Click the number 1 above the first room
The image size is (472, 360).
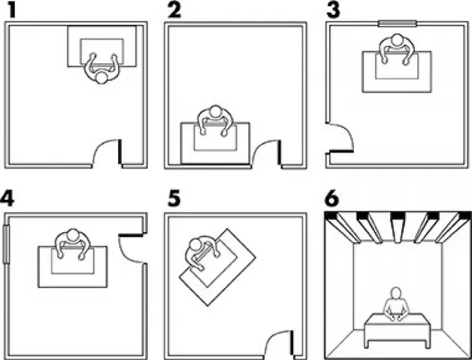11,10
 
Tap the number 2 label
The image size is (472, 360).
174,10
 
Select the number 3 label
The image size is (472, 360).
333,10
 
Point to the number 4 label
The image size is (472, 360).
8,198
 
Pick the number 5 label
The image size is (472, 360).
174,198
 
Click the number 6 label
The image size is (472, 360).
332,198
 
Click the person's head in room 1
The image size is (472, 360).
101,77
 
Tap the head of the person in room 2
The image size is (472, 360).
215,111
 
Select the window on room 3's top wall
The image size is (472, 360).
398,23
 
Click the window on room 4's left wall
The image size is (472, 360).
6,244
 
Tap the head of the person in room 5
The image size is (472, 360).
196,244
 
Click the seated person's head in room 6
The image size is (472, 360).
396,293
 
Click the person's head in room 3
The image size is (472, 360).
398,40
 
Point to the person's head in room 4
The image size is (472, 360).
73,234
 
